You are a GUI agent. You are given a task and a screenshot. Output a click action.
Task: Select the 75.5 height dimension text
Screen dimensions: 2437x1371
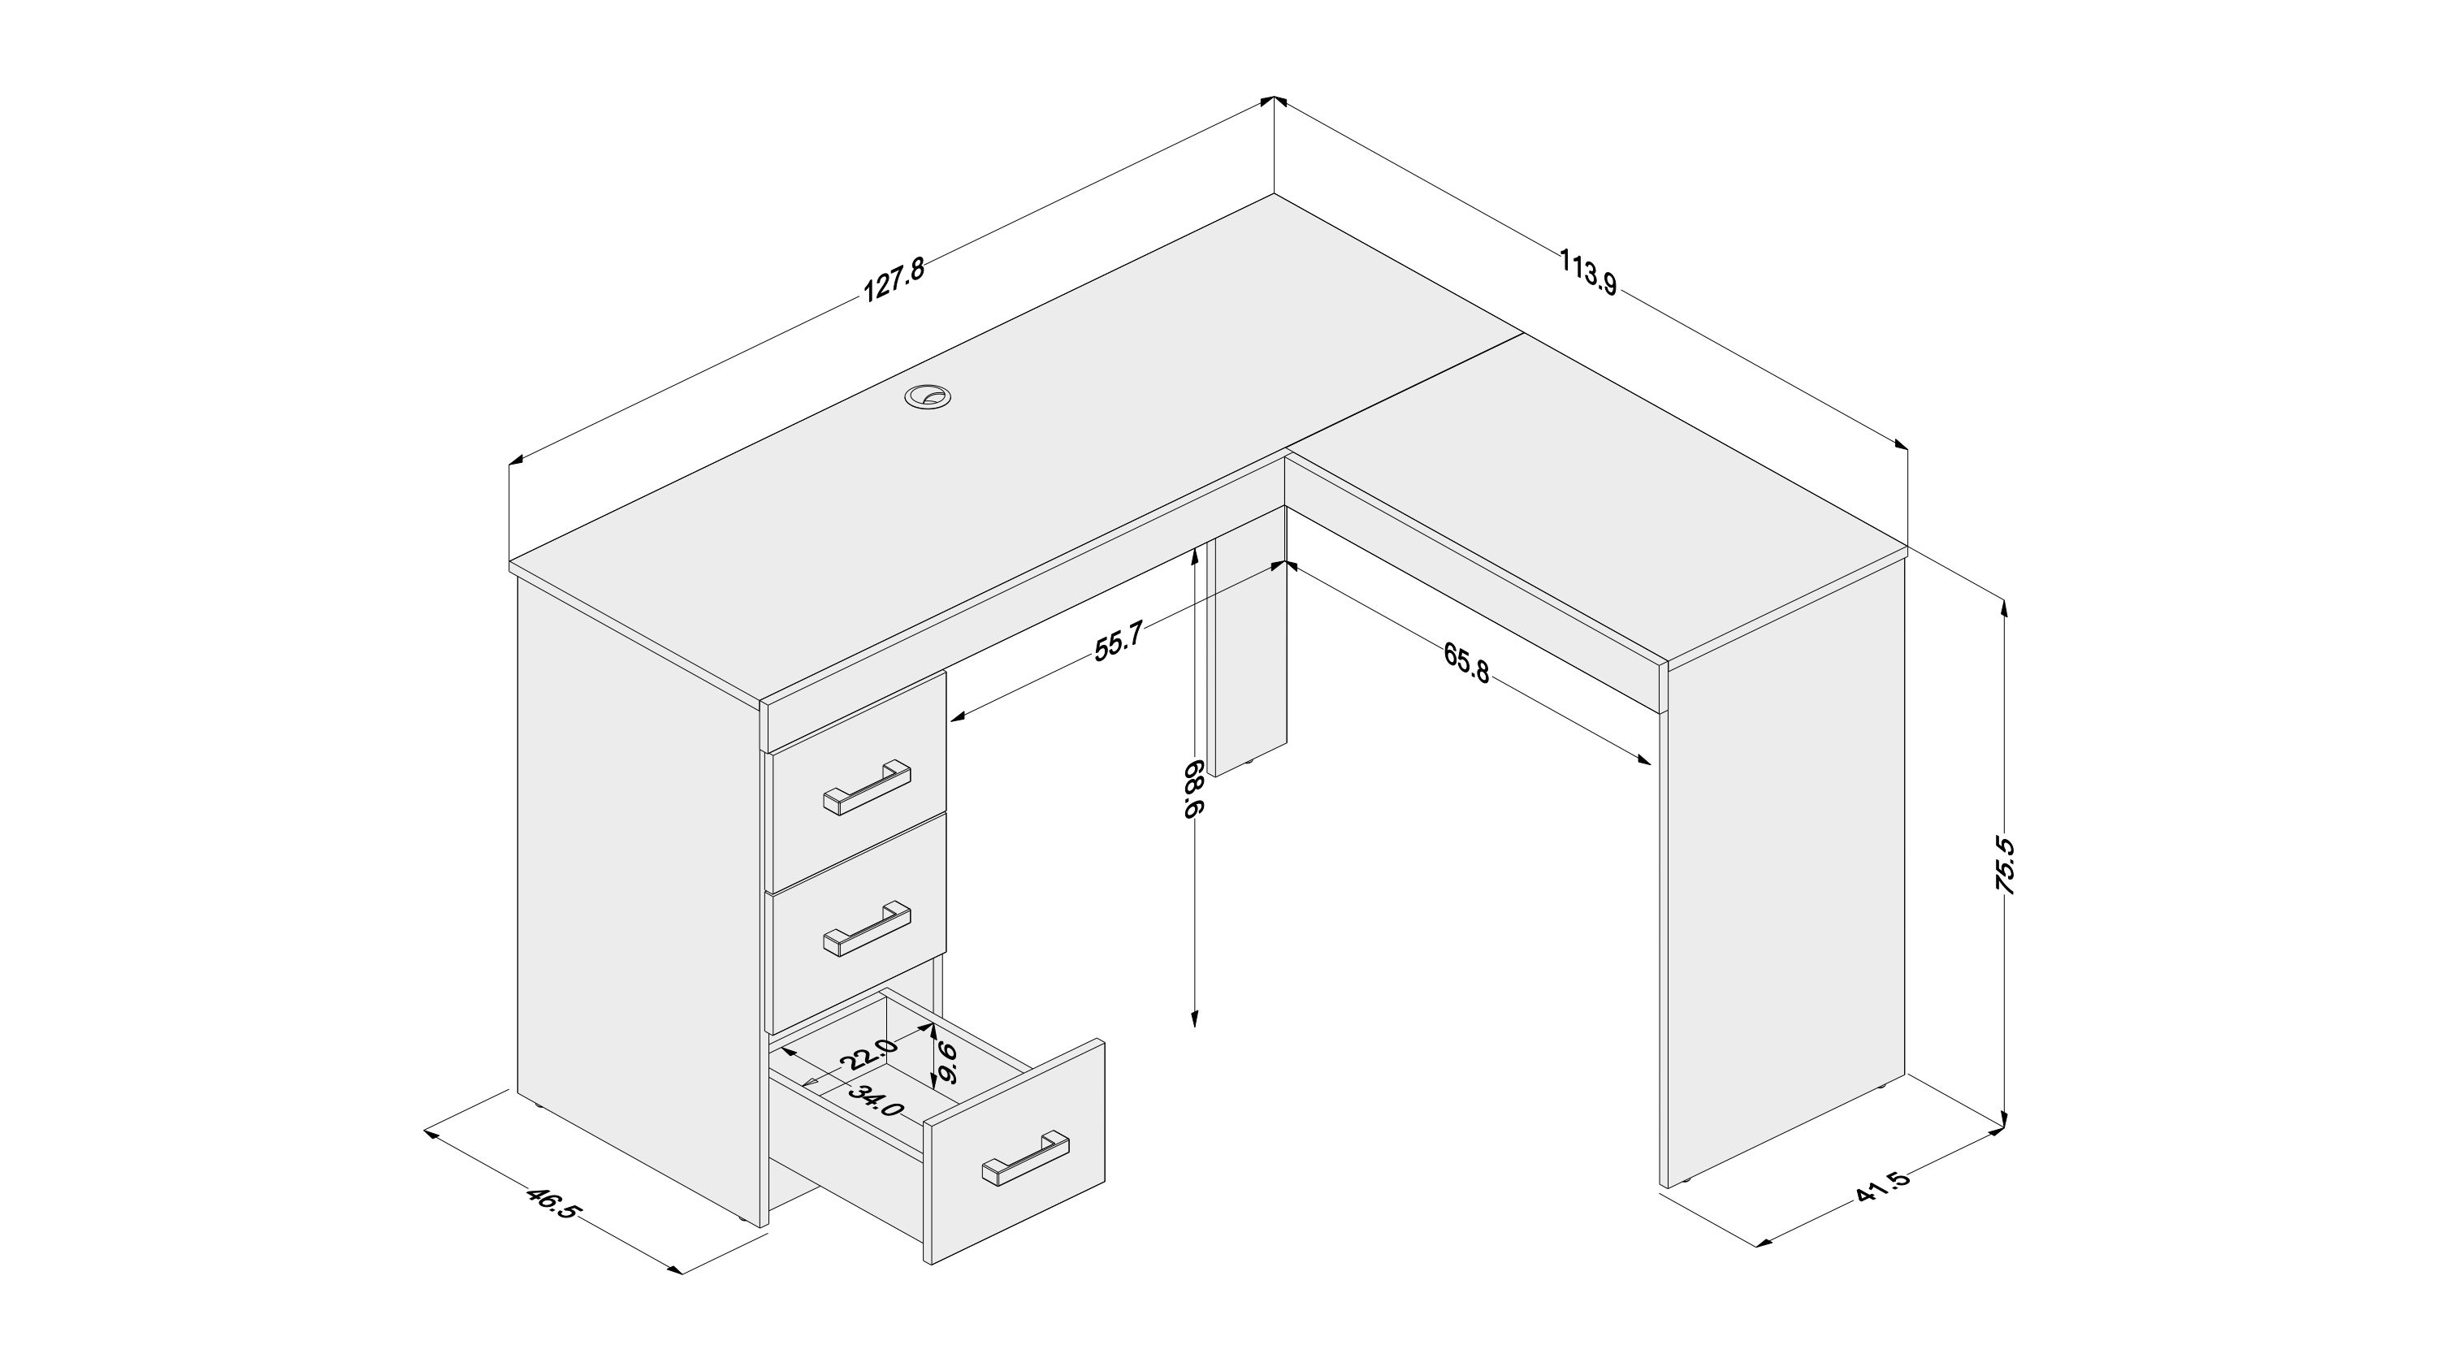click(2004, 865)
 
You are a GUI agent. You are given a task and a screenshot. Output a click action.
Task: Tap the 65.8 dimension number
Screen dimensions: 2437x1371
click(1466, 661)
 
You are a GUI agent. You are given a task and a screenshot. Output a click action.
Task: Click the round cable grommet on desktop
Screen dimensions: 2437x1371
click(928, 397)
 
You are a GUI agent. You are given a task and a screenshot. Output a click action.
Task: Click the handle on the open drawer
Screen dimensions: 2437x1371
click(1027, 1157)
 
